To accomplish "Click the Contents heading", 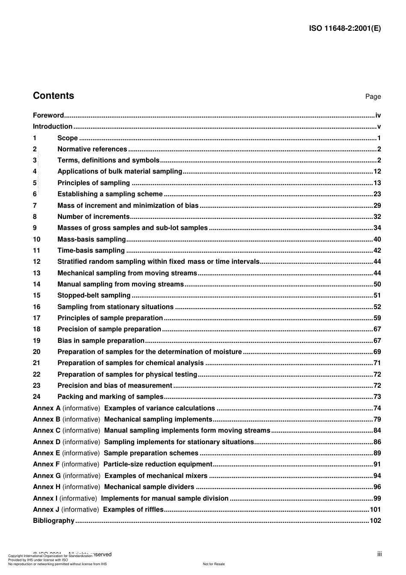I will coord(53,96).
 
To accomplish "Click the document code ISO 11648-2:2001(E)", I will coord(345,29).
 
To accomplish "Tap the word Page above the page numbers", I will coord(373,97).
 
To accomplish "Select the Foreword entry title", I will coord(48,115).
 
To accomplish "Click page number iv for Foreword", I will coord(378,115).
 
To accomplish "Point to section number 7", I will coord(35,206).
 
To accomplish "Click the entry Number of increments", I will coord(93,217).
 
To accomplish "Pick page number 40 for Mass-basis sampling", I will coord(377,239).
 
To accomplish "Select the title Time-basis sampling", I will coord(91,251).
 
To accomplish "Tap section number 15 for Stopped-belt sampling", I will coord(37,295).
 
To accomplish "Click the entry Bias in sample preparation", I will coord(101,341).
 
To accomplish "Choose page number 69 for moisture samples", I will coord(377,352).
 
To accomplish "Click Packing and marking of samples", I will coord(110,397).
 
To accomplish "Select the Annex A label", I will coord(47,408).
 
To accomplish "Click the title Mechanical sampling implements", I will coord(158,419).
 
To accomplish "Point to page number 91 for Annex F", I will coord(377,464).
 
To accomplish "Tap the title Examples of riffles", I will coord(133,510).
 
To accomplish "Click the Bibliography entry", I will coord(54,521).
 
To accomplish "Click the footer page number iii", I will coord(379,554).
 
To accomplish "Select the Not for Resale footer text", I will coord(214,564).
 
